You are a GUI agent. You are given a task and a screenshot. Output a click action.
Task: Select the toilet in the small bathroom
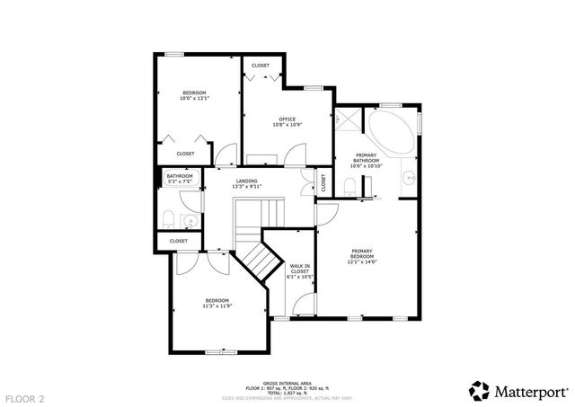point(168,217)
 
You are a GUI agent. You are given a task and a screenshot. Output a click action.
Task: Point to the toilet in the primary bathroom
point(348,186)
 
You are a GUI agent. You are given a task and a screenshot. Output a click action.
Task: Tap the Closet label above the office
point(261,66)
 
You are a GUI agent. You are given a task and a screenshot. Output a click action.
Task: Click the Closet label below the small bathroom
point(179,241)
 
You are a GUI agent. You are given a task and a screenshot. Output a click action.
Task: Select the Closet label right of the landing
point(323,181)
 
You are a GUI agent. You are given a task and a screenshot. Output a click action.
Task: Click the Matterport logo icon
point(480,390)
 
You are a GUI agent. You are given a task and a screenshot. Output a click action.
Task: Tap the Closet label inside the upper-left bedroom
point(185,154)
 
